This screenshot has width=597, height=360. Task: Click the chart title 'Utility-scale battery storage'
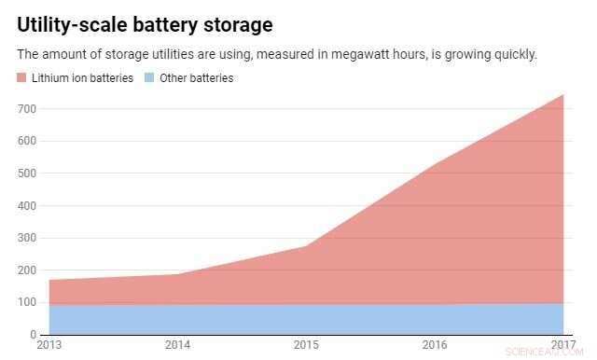152,24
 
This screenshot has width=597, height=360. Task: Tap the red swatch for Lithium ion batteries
23,78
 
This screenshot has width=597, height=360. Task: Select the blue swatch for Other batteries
150,78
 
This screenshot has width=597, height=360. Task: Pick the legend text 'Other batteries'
197,78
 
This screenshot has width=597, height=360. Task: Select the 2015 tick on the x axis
306,345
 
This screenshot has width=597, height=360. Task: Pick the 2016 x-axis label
435,345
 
